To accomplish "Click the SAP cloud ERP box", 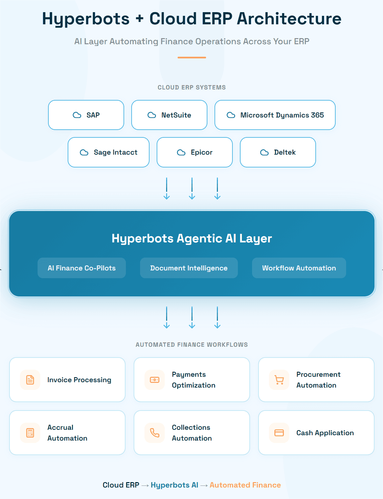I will click(86, 115).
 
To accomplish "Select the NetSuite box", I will click(169, 115).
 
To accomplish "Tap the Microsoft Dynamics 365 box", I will click(275, 115).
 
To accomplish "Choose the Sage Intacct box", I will click(109, 152).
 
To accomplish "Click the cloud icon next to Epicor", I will click(181, 153).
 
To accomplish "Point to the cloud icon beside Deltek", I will click(265, 153).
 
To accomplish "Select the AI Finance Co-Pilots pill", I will click(82, 268).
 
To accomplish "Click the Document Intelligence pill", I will click(189, 268).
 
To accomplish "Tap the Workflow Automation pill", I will click(299, 268).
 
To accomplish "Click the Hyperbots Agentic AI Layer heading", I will click(192, 238).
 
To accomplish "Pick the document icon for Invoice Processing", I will click(30, 380).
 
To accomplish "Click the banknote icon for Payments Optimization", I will click(155, 380).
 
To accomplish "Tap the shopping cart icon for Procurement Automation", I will click(279, 380).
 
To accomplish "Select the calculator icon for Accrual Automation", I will click(30, 433).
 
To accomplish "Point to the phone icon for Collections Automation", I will click(155, 433).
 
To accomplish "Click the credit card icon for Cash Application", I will click(279, 433).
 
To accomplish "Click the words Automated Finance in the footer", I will click(245, 485).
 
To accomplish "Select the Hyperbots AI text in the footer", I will click(174, 485).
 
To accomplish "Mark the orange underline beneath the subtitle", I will click(192, 58).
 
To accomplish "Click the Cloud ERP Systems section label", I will click(191, 87).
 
